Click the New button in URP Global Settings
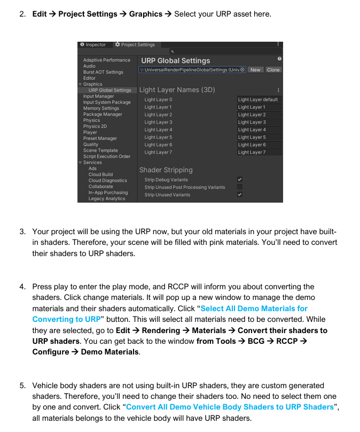[x=255, y=70]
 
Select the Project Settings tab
[x=135, y=45]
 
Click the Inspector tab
[x=93, y=45]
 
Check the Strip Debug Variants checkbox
[x=240, y=180]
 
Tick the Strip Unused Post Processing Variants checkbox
[x=240, y=187]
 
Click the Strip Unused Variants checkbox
[x=240, y=195]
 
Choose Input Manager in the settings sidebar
[x=99, y=96]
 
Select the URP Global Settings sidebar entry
[x=109, y=90]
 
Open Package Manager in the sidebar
[x=103, y=114]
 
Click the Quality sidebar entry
[x=91, y=144]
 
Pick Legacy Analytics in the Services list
[x=107, y=199]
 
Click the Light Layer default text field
[x=259, y=99]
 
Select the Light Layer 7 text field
[x=259, y=152]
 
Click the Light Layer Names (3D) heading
[x=177, y=90]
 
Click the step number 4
[x=22, y=287]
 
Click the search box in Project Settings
[x=224, y=52]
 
